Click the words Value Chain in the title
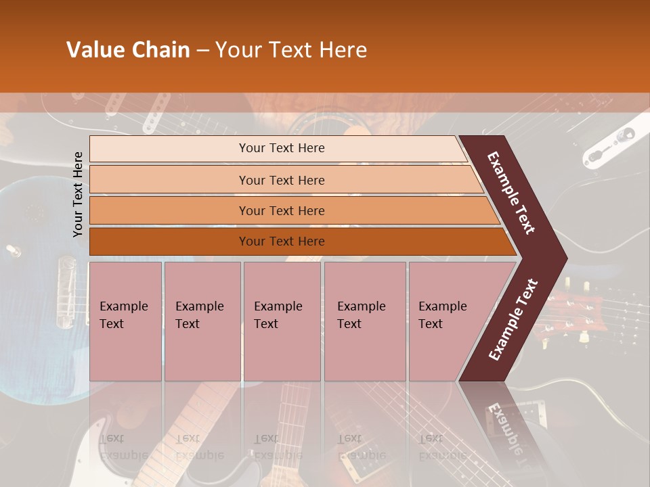click(x=128, y=50)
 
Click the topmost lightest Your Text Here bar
click(x=281, y=148)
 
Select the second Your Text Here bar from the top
click(x=281, y=180)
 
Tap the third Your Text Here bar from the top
click(x=281, y=210)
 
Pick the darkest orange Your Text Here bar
click(x=281, y=241)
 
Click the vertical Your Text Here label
click(x=78, y=194)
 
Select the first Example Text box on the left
click(x=125, y=321)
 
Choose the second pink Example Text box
click(x=202, y=321)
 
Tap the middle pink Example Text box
click(x=282, y=321)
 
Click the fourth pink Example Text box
click(x=365, y=321)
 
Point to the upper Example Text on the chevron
click(x=512, y=193)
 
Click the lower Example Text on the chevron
click(x=513, y=320)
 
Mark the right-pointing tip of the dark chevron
click(x=565, y=258)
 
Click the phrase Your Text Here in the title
click(x=291, y=50)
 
